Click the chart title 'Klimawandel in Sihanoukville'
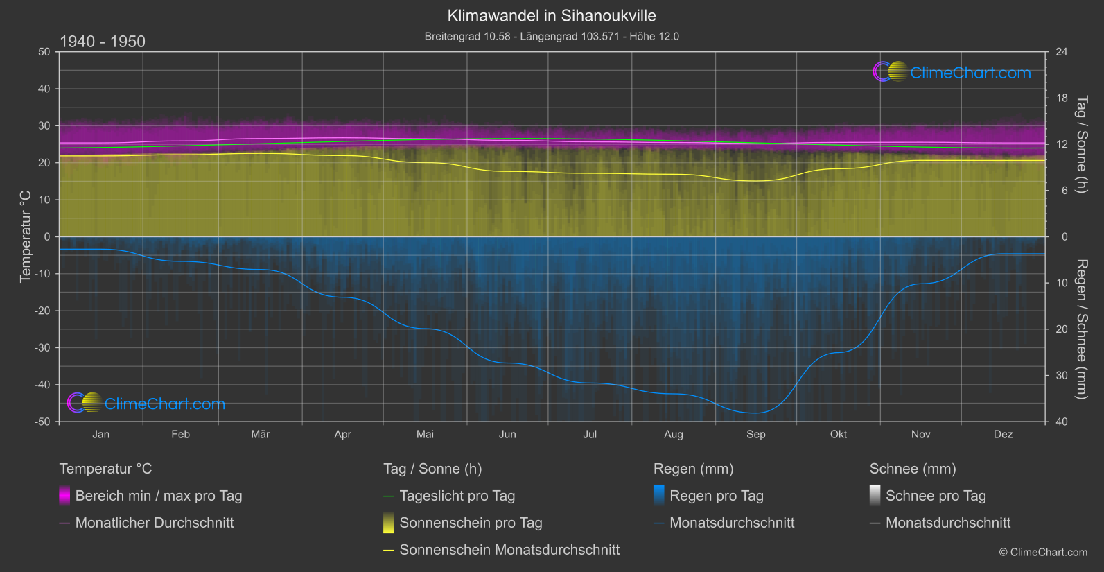(x=552, y=15)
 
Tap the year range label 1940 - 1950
(x=103, y=42)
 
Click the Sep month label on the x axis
(x=755, y=435)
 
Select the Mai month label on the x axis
(x=425, y=435)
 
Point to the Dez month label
(x=1003, y=435)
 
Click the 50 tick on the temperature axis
(x=44, y=52)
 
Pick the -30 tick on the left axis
(x=42, y=348)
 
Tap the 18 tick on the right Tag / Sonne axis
(x=1062, y=98)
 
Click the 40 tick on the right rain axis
(x=1062, y=422)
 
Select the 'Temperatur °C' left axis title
(x=26, y=236)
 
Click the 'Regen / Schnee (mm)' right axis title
(x=1081, y=329)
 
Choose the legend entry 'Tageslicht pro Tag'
(x=457, y=496)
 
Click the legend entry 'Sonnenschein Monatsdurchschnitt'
(x=509, y=550)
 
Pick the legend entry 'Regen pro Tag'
(x=717, y=496)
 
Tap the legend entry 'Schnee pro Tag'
(x=936, y=496)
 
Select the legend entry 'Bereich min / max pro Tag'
(x=159, y=496)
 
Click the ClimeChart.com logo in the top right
(x=952, y=72)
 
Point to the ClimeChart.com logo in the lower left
(x=146, y=404)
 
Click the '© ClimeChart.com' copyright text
(x=1043, y=553)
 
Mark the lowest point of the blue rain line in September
(x=754, y=413)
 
